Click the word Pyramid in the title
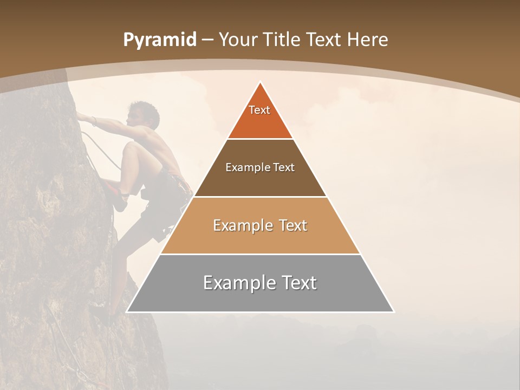coord(160,40)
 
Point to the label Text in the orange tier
coord(259,110)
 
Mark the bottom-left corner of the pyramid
coord(127,312)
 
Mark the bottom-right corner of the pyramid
coord(394,312)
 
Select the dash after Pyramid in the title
coord(207,40)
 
